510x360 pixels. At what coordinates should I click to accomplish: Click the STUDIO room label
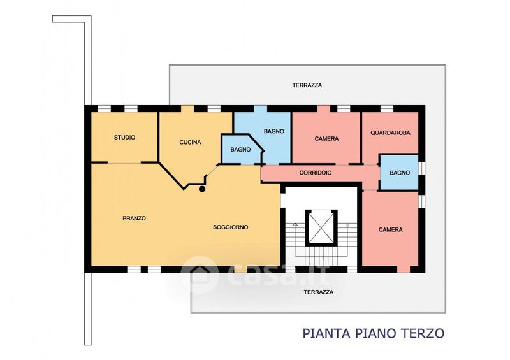point(124,138)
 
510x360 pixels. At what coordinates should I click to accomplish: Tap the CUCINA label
point(190,143)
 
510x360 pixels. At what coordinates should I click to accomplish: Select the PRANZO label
point(134,218)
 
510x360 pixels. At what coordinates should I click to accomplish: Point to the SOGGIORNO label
point(231,227)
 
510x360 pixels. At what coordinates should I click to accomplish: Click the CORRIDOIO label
point(316,173)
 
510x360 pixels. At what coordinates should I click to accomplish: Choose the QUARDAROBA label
point(390,133)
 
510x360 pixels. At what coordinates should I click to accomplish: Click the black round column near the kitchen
point(202,189)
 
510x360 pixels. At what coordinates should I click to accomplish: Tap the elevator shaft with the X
point(321,227)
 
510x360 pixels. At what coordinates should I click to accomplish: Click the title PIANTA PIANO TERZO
point(374,333)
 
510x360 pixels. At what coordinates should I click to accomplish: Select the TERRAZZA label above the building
point(307,85)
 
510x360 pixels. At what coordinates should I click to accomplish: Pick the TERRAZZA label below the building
point(319,292)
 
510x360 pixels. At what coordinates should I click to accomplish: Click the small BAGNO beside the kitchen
point(241,150)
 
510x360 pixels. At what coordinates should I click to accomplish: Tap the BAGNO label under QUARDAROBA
point(400,173)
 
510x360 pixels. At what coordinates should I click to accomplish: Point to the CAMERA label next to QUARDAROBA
point(326,139)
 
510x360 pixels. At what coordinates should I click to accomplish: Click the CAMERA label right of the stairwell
point(391,229)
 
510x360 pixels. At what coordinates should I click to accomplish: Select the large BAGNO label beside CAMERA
point(274,131)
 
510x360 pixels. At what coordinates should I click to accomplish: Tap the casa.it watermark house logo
point(200,275)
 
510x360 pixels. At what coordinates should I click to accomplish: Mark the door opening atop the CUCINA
point(187,108)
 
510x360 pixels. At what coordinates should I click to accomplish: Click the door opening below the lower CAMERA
point(404,270)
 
